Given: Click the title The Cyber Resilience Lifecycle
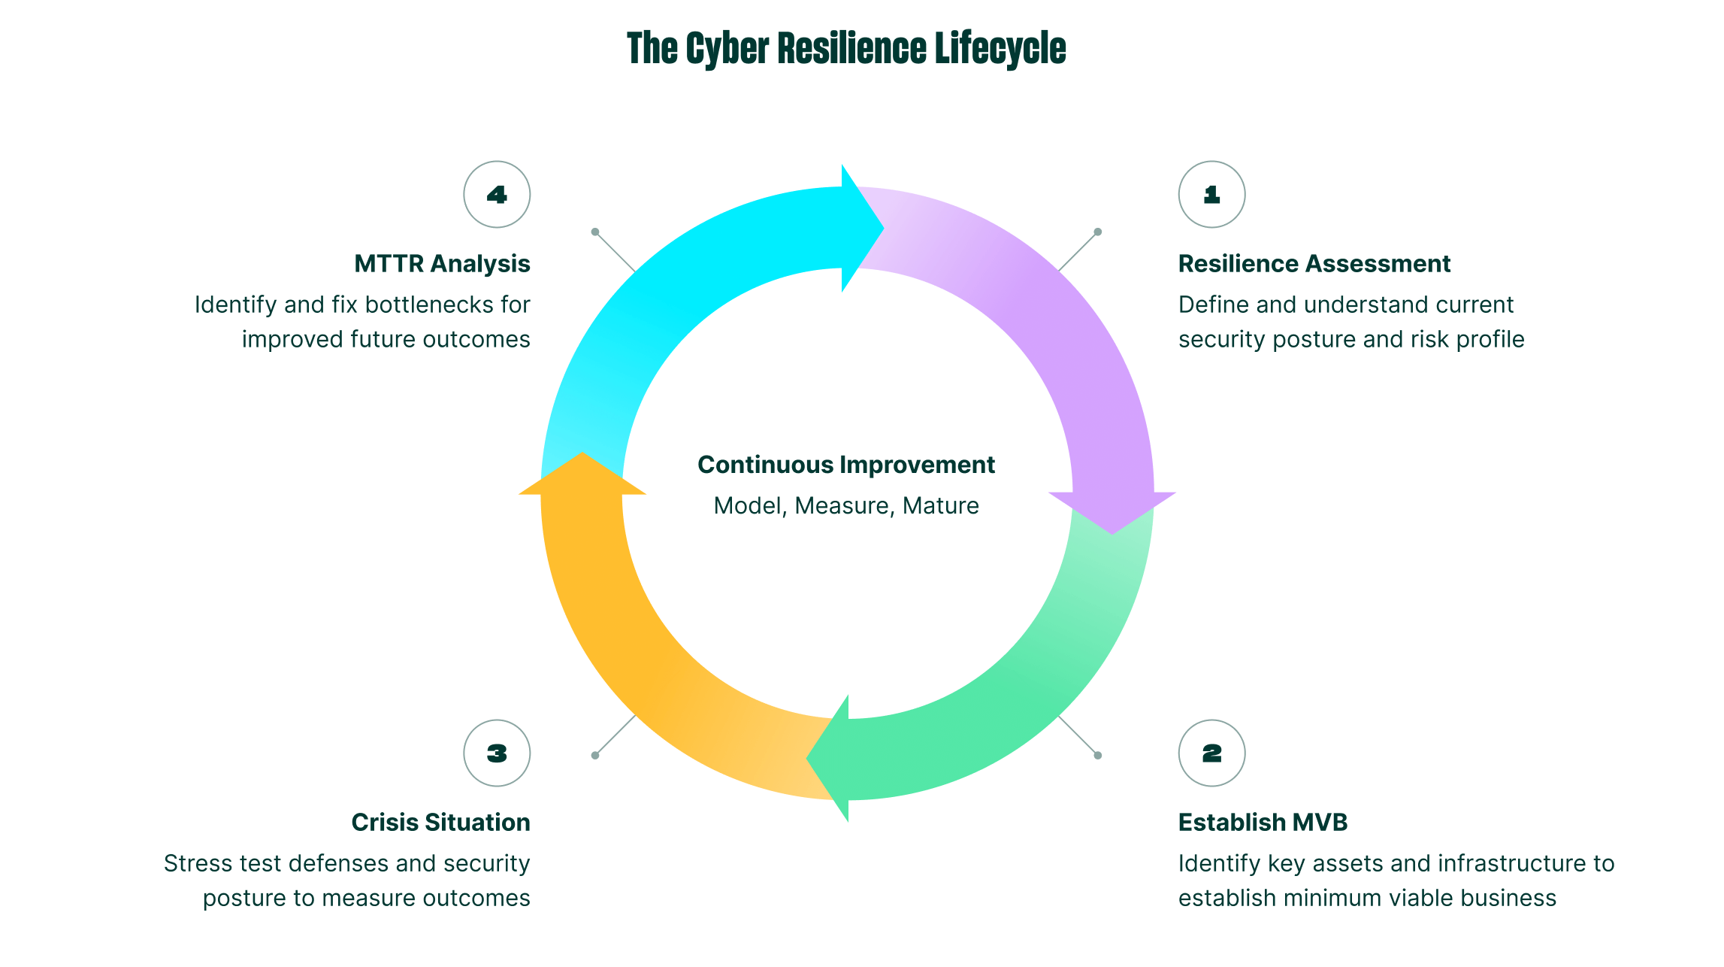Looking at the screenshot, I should (846, 49).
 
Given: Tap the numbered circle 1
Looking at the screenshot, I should (1211, 194).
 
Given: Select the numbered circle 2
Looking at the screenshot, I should (1211, 753).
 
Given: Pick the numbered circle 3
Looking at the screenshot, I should (497, 753).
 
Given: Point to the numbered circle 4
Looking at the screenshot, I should (497, 194).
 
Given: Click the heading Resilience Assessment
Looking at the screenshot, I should (1314, 264).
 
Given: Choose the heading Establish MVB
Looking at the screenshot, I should (1263, 823).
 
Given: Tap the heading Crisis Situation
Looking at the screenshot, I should (440, 823).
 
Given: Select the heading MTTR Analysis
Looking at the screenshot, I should (442, 264).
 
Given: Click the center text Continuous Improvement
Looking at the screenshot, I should (846, 465).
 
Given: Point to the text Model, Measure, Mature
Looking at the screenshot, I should (846, 505).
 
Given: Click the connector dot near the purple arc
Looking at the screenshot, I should (1097, 232).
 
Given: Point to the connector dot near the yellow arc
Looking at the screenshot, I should (595, 755).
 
